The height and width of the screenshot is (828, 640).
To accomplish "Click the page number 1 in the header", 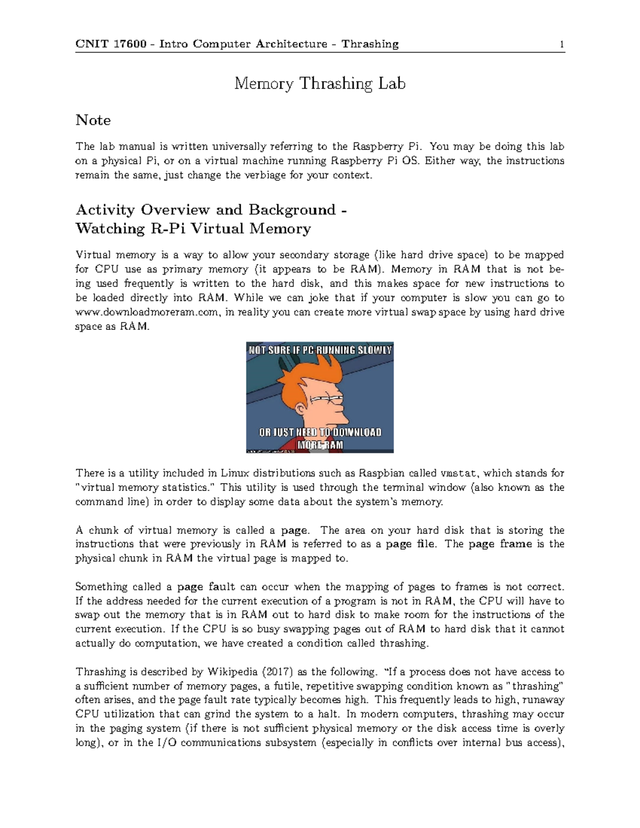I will (562, 44).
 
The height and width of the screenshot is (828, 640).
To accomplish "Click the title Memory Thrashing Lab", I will (320, 84).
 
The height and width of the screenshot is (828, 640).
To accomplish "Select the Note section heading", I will (93, 120).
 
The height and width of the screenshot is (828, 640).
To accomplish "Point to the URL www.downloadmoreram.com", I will (147, 312).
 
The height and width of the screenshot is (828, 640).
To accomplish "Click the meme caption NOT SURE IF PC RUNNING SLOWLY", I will (319, 350).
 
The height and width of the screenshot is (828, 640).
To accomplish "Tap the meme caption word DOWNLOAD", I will (357, 432).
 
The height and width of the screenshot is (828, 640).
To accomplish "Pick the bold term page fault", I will (206, 587).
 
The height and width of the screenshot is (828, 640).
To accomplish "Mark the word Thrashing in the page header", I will (370, 44).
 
